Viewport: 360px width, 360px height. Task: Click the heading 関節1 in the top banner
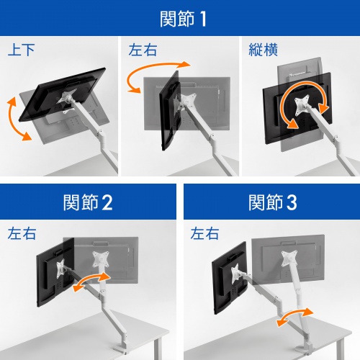(x=179, y=17)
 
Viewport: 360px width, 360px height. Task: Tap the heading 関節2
(x=88, y=202)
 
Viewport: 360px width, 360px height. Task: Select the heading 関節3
(x=271, y=202)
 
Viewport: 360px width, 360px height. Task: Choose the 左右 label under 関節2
(x=21, y=234)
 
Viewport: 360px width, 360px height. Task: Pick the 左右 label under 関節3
(x=204, y=234)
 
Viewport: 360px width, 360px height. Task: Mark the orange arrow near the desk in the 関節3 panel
(x=294, y=317)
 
